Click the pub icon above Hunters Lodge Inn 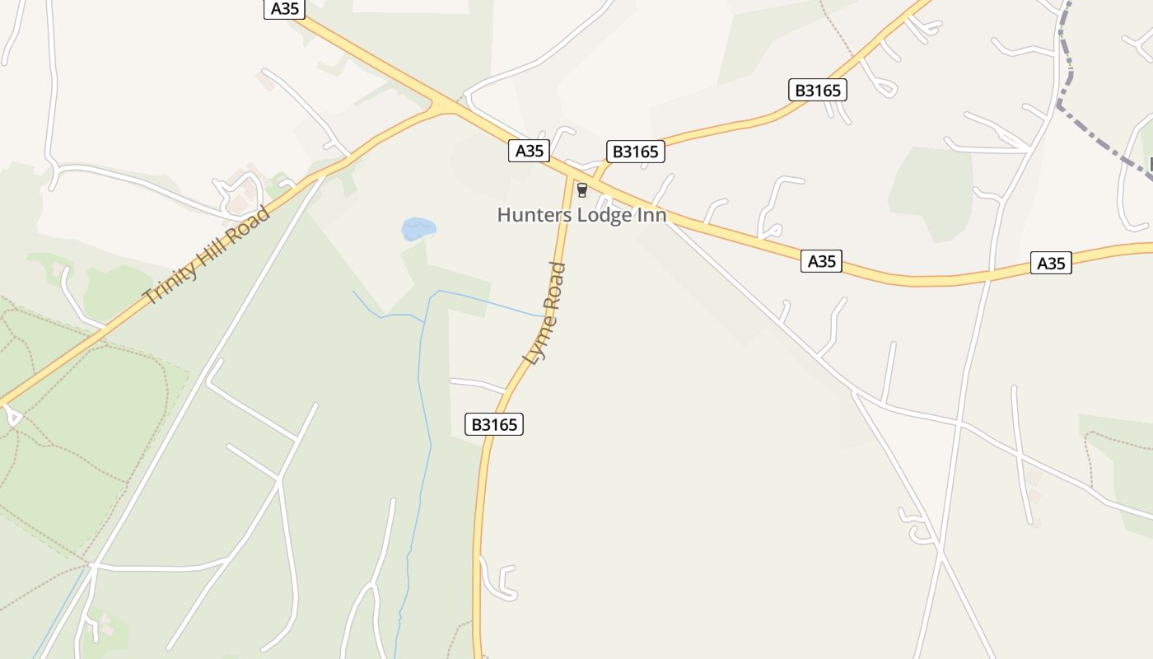pos(582,190)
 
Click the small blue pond pos(418,228)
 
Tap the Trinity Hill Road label pos(206,256)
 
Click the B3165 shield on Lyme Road pos(495,424)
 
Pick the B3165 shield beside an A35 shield pos(636,152)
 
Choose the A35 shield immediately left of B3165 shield pos(529,151)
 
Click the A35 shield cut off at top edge pos(285,9)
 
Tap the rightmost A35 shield pos(1051,264)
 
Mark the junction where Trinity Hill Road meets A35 pos(445,106)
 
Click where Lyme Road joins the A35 pos(571,175)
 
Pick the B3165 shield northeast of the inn pos(818,90)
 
